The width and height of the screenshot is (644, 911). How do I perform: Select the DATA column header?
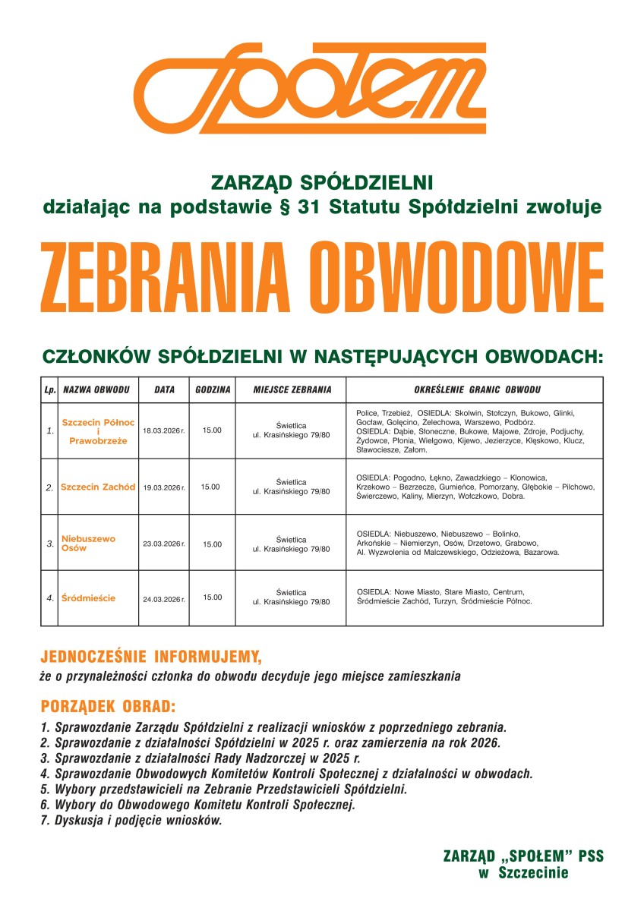[x=164, y=389]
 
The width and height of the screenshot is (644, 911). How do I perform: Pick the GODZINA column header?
[x=213, y=389]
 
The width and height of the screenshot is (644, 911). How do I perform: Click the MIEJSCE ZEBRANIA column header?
[x=292, y=389]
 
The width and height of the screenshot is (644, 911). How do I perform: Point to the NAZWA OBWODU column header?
[x=96, y=389]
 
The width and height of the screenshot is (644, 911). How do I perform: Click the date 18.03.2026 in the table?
[x=163, y=430]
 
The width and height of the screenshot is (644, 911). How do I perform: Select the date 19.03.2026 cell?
[x=163, y=487]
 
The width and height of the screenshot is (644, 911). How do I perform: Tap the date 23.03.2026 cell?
[x=163, y=544]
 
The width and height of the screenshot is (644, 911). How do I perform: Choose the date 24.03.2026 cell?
[x=163, y=598]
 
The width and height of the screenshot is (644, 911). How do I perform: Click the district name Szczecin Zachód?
[x=98, y=487]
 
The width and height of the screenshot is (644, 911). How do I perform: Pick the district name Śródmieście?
[x=88, y=597]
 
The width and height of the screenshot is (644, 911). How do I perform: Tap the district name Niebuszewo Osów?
[x=88, y=543]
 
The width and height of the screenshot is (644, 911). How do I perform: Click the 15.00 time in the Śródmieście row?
[x=213, y=597]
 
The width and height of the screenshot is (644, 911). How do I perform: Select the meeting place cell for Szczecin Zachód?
[x=291, y=487]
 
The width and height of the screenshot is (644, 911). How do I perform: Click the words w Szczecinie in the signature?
[x=523, y=873]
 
